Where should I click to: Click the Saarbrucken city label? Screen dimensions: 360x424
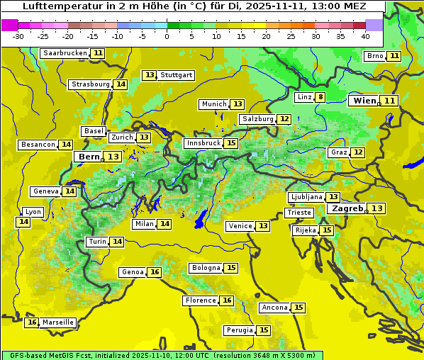pyautogui.click(x=65, y=53)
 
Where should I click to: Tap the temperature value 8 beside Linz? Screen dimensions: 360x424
pyautogui.click(x=320, y=97)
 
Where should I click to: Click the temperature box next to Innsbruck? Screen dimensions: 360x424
pyautogui.click(x=231, y=143)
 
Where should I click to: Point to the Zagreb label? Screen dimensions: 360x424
pyautogui.click(x=347, y=208)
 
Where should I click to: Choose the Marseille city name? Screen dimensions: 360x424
pyautogui.click(x=58, y=322)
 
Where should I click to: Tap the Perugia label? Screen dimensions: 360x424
pyautogui.click(x=239, y=330)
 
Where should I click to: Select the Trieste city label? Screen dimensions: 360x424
pyautogui.click(x=299, y=213)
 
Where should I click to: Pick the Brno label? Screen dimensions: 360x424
pyautogui.click(x=374, y=56)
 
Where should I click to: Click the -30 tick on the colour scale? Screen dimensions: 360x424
pyautogui.click(x=18, y=35)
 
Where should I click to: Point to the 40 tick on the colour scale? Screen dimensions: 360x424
pyautogui.click(x=365, y=35)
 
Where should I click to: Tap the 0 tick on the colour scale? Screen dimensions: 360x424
pyautogui.click(x=167, y=35)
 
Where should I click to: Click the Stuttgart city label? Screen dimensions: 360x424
pyautogui.click(x=177, y=75)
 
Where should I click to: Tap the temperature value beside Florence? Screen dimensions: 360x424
pyautogui.click(x=227, y=300)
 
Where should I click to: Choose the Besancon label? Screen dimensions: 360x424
pyautogui.click(x=38, y=145)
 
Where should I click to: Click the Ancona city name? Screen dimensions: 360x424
pyautogui.click(x=274, y=308)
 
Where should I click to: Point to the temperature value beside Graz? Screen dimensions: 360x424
pyautogui.click(x=358, y=152)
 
